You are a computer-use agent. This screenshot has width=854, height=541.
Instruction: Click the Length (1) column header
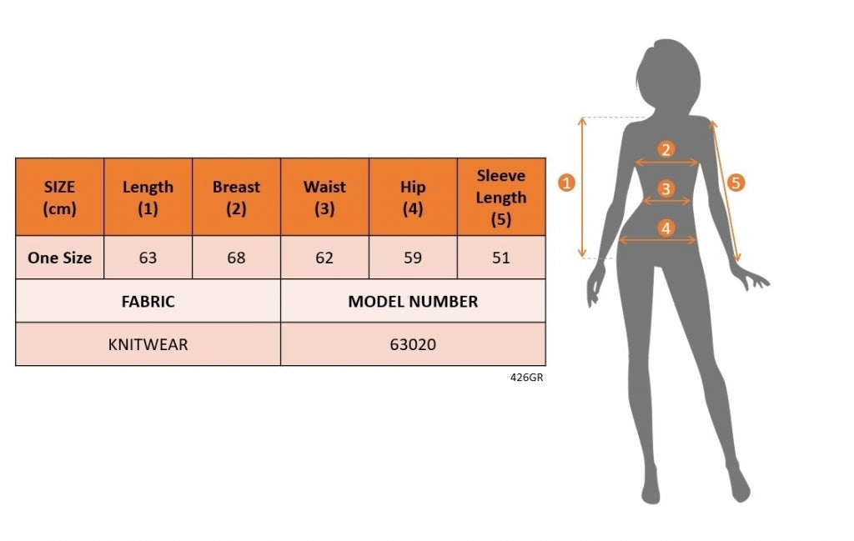click(148, 197)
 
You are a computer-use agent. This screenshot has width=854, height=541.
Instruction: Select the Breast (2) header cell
click(236, 197)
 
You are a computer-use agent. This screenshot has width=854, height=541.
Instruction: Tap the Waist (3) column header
click(324, 197)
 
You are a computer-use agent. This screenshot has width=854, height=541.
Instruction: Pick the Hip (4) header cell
click(413, 197)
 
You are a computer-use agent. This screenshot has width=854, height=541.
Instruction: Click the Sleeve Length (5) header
click(501, 197)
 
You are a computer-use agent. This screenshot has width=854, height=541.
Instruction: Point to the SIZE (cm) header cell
click(59, 197)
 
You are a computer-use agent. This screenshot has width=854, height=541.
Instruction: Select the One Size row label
click(59, 258)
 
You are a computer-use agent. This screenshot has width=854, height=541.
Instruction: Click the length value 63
click(148, 258)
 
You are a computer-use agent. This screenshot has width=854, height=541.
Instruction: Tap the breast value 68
click(236, 258)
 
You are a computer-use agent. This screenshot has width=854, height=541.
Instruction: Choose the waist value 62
click(324, 258)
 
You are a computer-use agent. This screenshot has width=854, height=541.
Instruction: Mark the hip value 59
click(413, 258)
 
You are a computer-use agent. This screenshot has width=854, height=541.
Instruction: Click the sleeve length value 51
click(501, 258)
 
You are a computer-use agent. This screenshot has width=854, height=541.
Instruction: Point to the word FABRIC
click(148, 301)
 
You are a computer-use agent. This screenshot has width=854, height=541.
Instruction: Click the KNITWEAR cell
click(148, 344)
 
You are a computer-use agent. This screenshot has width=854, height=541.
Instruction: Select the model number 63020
click(413, 344)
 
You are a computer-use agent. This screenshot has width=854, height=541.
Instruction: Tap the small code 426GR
click(527, 377)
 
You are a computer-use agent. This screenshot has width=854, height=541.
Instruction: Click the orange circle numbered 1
click(566, 183)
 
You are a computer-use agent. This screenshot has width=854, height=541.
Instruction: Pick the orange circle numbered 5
click(736, 183)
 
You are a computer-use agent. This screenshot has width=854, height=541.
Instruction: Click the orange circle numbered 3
click(666, 189)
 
